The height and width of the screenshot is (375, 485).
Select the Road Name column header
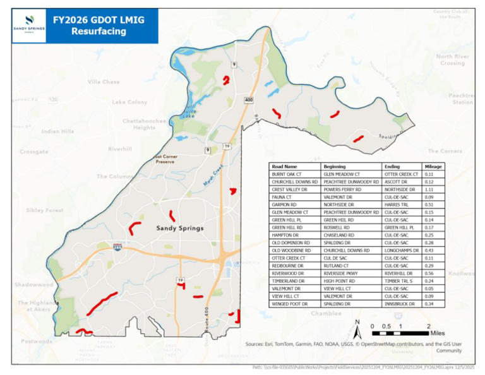point(285,166)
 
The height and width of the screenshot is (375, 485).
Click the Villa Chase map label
point(104,82)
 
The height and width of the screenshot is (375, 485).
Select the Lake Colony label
point(129,102)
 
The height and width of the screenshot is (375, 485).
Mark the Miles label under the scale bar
point(438,333)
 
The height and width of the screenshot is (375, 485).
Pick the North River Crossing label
point(451,60)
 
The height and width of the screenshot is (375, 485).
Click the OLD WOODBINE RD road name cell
point(292,250)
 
